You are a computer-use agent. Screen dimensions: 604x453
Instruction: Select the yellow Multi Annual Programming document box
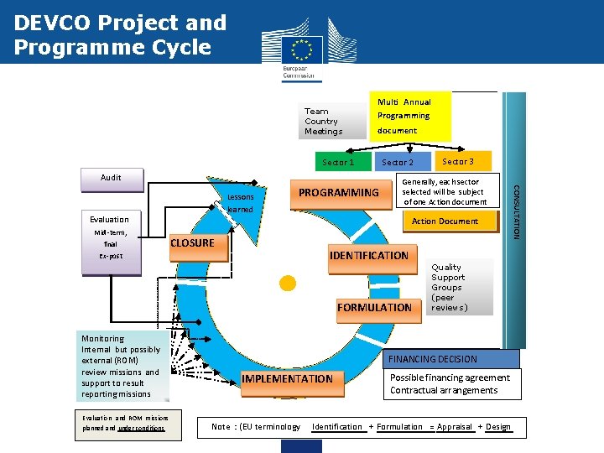tap(410, 116)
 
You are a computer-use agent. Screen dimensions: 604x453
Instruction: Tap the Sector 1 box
tap(338, 162)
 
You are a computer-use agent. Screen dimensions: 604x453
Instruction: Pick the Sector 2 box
tap(398, 162)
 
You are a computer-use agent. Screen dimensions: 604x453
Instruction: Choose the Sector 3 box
tap(458, 161)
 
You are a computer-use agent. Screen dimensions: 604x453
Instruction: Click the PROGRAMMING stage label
tap(339, 193)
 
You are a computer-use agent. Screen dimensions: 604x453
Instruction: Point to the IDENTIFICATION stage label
tap(369, 255)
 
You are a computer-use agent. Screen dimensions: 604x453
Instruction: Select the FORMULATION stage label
tap(374, 308)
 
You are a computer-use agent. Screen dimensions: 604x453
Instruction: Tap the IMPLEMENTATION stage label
tap(288, 378)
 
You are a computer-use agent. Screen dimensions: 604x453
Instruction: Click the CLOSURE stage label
tap(192, 243)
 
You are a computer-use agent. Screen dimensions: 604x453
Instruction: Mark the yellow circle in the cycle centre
tap(288, 284)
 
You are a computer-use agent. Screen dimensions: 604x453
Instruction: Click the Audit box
tap(111, 177)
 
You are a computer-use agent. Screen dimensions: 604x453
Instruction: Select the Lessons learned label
tap(240, 203)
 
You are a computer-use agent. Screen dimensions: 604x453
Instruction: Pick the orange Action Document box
tap(445, 221)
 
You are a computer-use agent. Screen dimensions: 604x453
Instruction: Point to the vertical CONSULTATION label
tap(516, 210)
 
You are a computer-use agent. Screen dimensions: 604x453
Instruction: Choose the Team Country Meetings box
tap(323, 121)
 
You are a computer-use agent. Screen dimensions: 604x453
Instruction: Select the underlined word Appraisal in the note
tap(454, 427)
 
